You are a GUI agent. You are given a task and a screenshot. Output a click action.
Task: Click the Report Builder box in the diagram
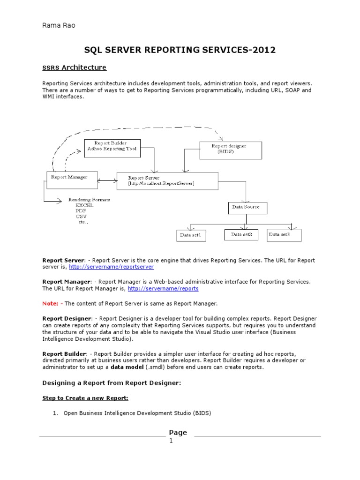coord(112,148)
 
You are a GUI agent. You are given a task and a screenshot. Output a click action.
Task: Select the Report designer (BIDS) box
coord(231,150)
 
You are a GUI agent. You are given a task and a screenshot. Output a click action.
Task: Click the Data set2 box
coord(241,234)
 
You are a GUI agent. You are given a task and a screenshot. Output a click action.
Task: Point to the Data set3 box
coord(284,235)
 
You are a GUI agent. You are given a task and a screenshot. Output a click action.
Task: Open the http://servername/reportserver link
coord(111,267)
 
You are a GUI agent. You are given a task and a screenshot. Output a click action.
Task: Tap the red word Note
coord(50,303)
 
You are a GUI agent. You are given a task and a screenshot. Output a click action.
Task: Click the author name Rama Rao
coord(59,25)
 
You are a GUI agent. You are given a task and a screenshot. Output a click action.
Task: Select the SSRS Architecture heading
coord(75,67)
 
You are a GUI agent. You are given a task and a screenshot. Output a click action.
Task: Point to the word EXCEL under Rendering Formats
coord(84,205)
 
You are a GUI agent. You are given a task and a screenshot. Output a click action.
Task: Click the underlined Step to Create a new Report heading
coord(85,398)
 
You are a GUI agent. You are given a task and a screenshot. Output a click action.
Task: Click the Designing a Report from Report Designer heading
coord(112,383)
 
